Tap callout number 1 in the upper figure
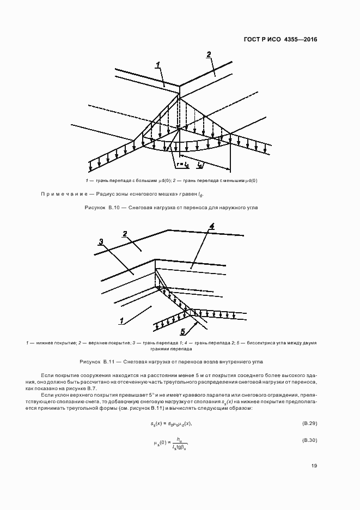[x=158, y=65]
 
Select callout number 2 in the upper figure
[x=209, y=54]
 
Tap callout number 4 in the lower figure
[x=212, y=225]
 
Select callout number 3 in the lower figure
[x=101, y=241]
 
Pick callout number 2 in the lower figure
[x=125, y=234]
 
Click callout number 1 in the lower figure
[x=121, y=319]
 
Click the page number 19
[x=314, y=465]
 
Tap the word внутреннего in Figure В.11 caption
[x=235, y=361]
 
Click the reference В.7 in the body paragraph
[x=90, y=388]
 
